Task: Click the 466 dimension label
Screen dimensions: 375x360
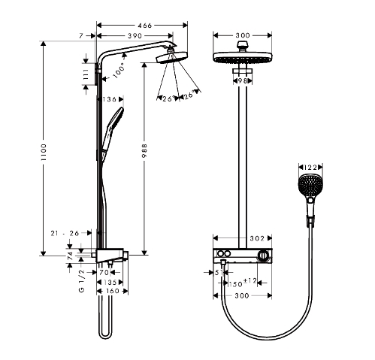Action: click(144, 26)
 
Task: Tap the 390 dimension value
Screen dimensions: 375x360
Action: click(135, 36)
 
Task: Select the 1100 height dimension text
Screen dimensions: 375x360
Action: click(44, 152)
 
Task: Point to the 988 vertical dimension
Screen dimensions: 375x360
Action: click(144, 151)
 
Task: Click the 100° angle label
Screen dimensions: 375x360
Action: click(119, 71)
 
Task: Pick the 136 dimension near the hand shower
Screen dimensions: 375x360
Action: click(109, 99)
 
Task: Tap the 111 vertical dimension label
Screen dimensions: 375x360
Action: click(86, 74)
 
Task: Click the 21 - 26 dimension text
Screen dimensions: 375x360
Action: click(65, 233)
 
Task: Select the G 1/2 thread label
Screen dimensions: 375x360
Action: click(82, 281)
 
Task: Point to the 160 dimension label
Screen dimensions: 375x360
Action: click(112, 291)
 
